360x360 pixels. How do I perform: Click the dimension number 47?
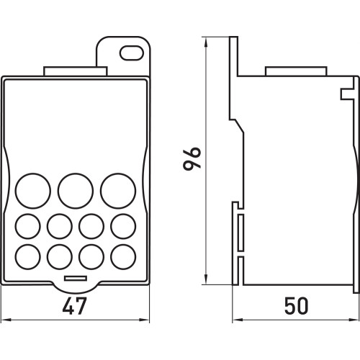point(74,306)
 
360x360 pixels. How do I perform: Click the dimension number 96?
point(192,158)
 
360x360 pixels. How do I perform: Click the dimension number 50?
point(296,306)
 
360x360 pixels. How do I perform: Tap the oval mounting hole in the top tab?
point(132,53)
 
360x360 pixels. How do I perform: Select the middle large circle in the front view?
point(76,191)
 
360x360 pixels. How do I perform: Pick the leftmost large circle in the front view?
point(33,191)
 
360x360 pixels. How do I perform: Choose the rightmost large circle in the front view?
point(118,191)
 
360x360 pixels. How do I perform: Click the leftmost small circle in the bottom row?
point(28,257)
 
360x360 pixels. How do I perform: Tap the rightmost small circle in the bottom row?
point(123,257)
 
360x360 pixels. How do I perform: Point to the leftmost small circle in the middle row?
point(28,226)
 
